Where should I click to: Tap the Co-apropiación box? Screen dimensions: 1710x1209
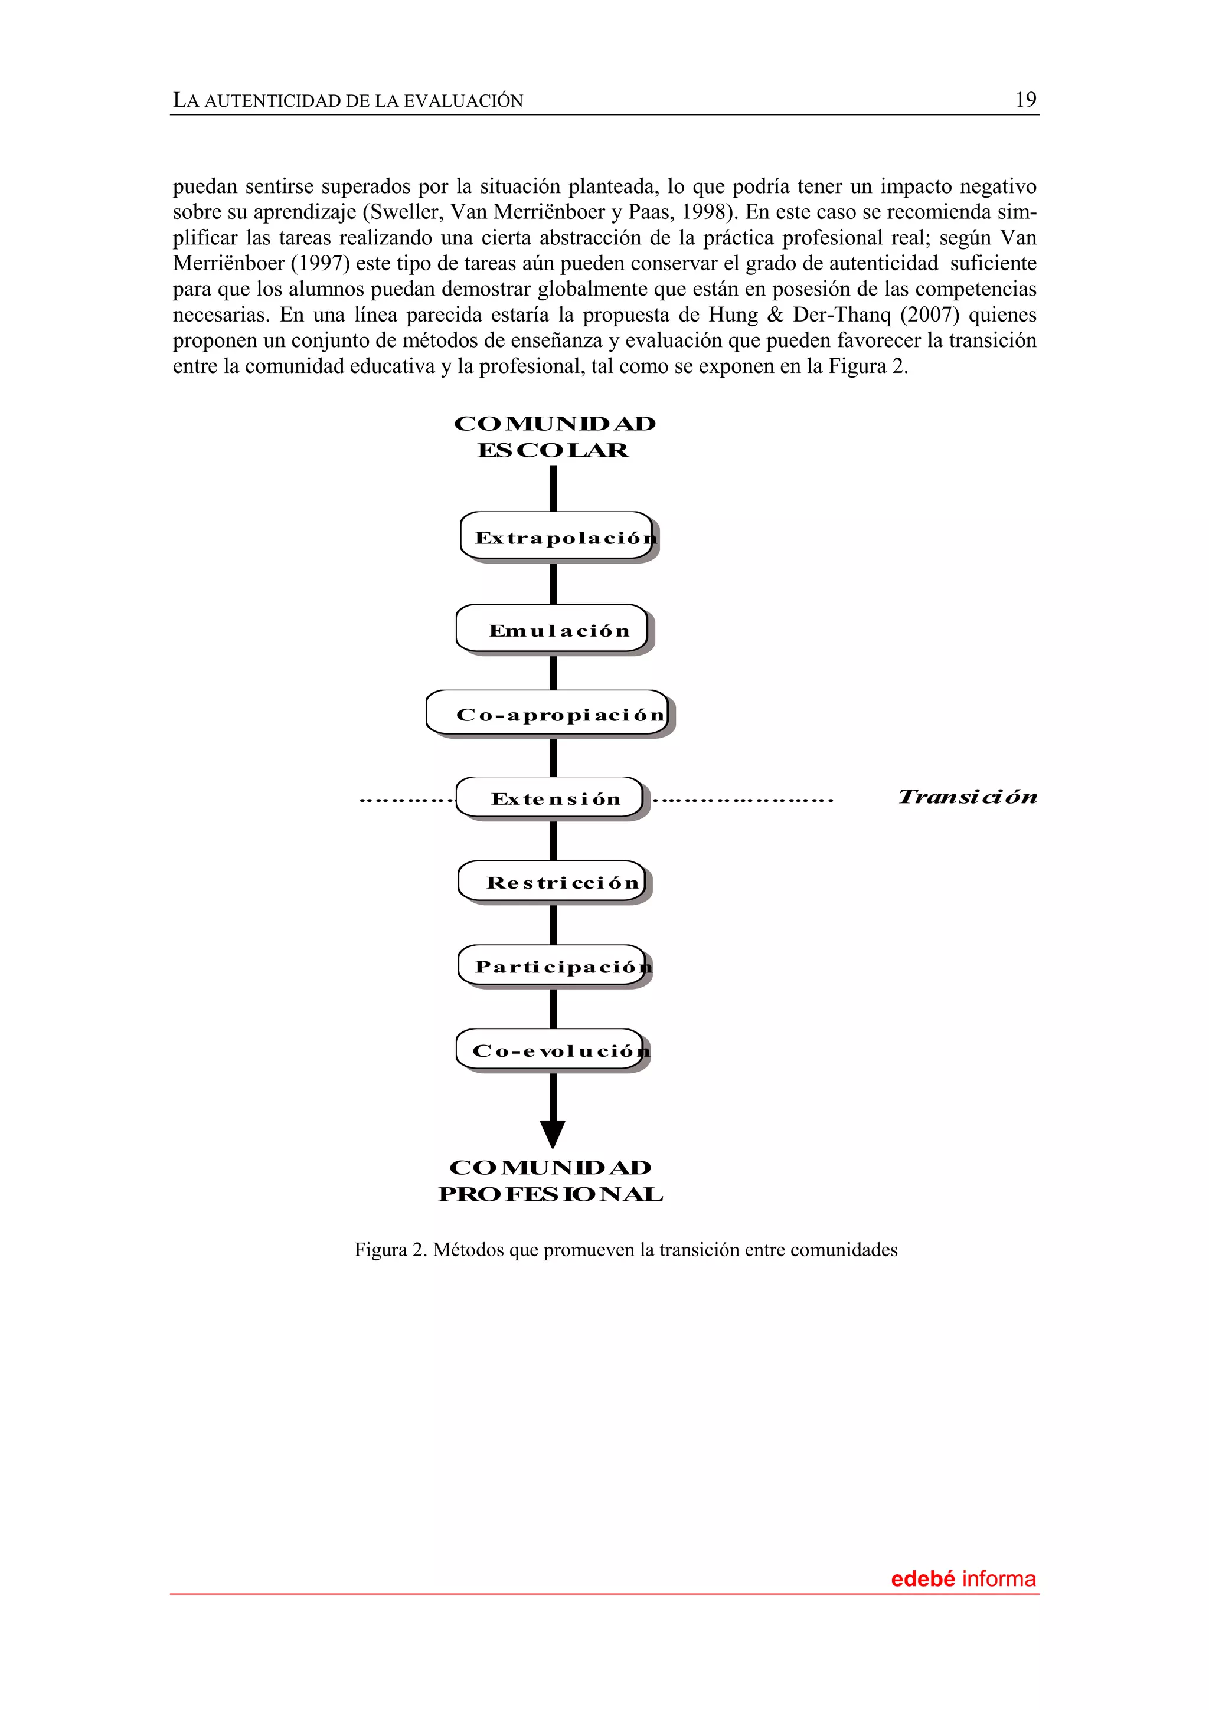(548, 713)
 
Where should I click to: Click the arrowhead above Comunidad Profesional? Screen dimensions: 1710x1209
(553, 1133)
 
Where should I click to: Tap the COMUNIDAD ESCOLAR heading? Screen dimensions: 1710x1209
(554, 437)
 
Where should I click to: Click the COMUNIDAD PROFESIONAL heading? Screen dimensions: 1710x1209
(551, 1181)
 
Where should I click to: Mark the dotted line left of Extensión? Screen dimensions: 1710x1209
(406, 801)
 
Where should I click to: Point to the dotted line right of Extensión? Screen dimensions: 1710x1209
(743, 801)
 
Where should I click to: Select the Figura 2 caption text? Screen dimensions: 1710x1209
(626, 1250)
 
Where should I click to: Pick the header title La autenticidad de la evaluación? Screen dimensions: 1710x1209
(348, 100)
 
